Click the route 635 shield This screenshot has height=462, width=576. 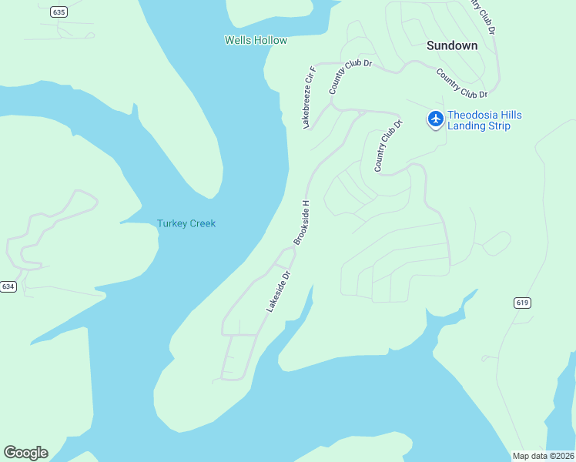click(x=58, y=12)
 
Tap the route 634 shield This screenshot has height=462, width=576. click(x=8, y=286)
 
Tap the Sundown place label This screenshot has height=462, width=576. click(x=452, y=45)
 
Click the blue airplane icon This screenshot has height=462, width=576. click(x=436, y=119)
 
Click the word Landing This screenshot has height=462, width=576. click(x=467, y=126)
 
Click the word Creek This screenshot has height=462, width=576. click(x=204, y=223)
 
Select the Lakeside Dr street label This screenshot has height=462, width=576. click(x=278, y=291)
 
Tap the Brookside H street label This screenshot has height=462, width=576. click(x=301, y=223)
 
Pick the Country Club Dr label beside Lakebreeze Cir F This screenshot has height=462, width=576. click(x=350, y=76)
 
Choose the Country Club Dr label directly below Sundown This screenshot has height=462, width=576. click(x=462, y=83)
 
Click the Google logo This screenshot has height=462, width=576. click(x=25, y=453)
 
